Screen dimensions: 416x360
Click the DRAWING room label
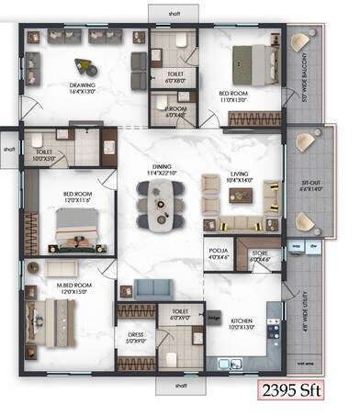[83, 87]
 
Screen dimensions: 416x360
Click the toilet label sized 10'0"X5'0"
[43, 153]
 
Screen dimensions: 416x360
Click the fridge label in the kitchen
[213, 318]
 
